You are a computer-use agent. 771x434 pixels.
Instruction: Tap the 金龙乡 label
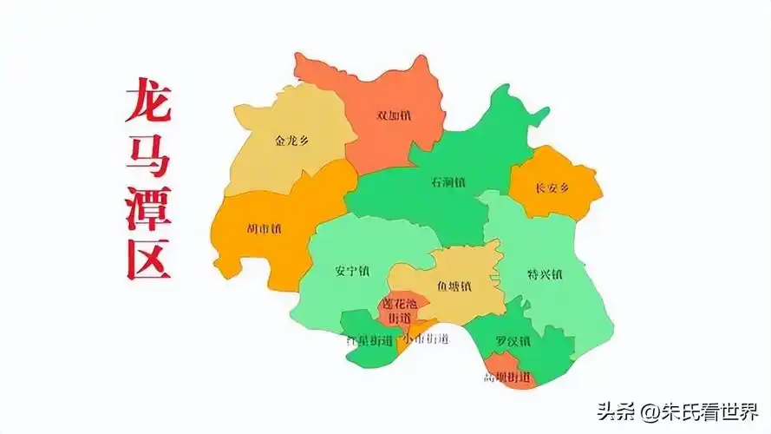click(x=291, y=140)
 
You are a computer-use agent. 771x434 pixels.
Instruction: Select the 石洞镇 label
click(x=448, y=182)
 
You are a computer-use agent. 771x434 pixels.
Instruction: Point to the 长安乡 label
click(x=552, y=187)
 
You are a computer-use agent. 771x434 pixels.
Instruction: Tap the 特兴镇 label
click(x=545, y=274)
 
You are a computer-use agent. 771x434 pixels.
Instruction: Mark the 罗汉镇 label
click(x=513, y=341)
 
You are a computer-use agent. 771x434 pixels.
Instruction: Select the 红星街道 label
click(x=369, y=339)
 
